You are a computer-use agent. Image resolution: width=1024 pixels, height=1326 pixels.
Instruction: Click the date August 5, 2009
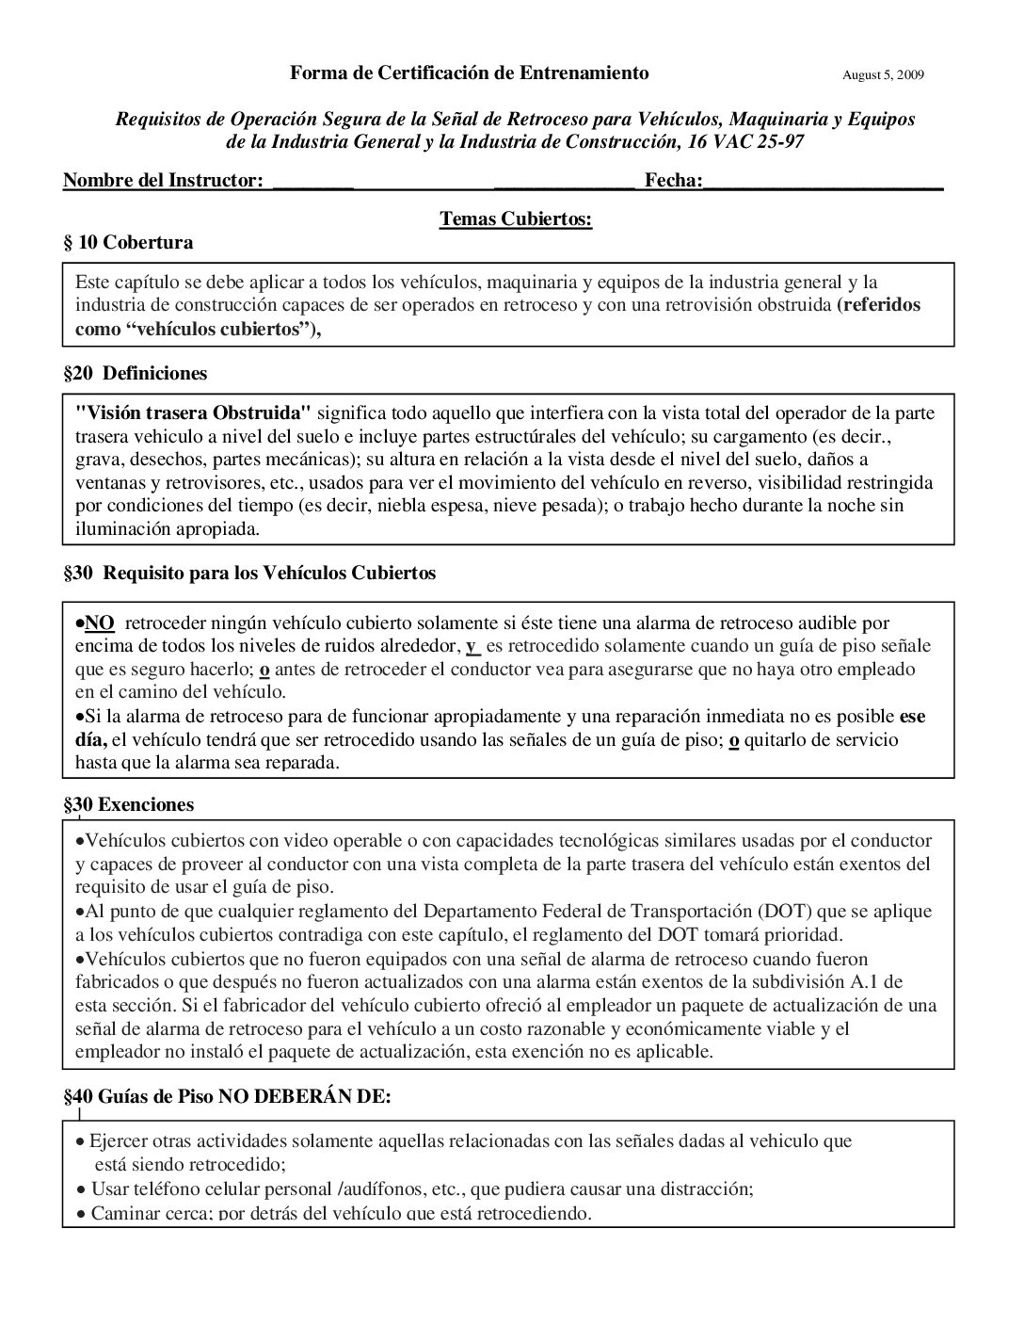(x=883, y=74)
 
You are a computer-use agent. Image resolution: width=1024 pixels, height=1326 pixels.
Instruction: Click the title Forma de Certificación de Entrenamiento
(x=469, y=73)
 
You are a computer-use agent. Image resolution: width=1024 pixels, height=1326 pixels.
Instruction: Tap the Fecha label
(x=672, y=180)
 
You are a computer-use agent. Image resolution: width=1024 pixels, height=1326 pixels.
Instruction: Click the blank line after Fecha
(x=824, y=183)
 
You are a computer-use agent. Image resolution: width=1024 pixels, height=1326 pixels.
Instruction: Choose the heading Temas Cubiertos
(x=515, y=219)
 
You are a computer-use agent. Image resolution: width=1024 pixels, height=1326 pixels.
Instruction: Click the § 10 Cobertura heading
(x=128, y=242)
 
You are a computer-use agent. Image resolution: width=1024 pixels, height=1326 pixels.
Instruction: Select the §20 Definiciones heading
(x=135, y=373)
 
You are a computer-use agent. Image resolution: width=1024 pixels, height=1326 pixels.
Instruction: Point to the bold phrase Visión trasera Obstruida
(x=193, y=412)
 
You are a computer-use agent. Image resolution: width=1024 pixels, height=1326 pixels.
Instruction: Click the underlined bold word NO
(x=100, y=623)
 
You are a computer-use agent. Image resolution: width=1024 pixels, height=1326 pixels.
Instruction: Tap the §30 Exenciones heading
(x=128, y=804)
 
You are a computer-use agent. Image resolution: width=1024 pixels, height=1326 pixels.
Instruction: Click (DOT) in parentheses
(x=780, y=912)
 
